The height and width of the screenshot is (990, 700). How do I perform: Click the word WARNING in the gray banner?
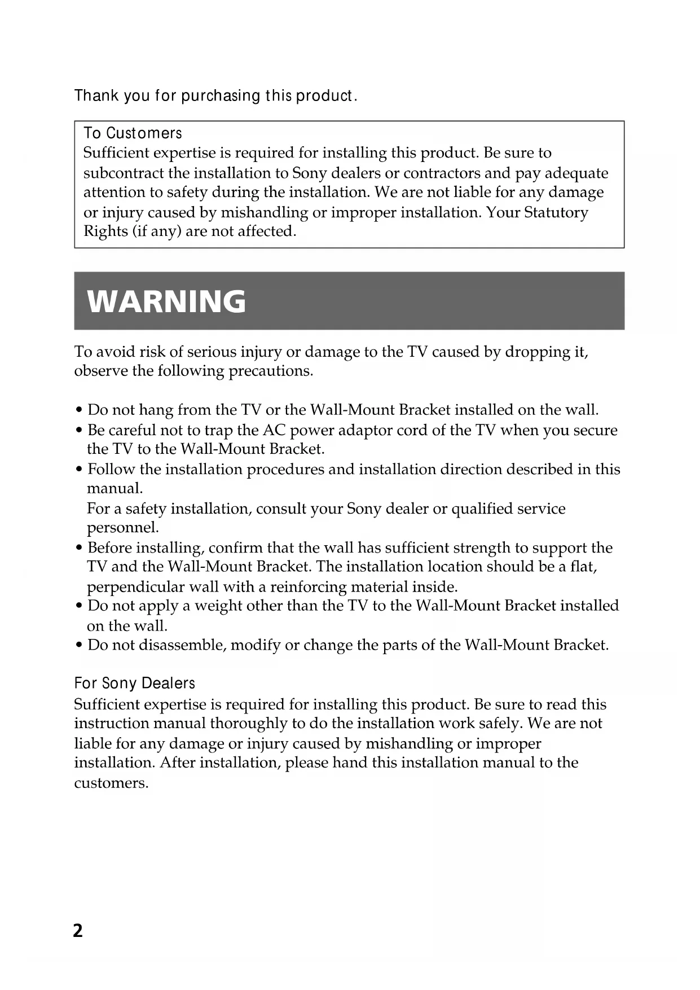coord(167,301)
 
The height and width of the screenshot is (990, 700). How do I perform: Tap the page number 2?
coord(78,930)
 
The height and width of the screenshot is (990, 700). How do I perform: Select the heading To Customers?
coord(133,133)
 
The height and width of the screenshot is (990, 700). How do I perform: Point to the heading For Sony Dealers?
coord(134,684)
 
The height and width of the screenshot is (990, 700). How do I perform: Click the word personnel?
coord(122,528)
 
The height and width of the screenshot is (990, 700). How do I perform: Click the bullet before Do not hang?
coord(80,410)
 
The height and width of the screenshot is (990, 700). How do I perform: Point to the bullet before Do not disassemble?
coord(80,646)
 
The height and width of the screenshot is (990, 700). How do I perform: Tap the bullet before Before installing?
coord(80,549)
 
